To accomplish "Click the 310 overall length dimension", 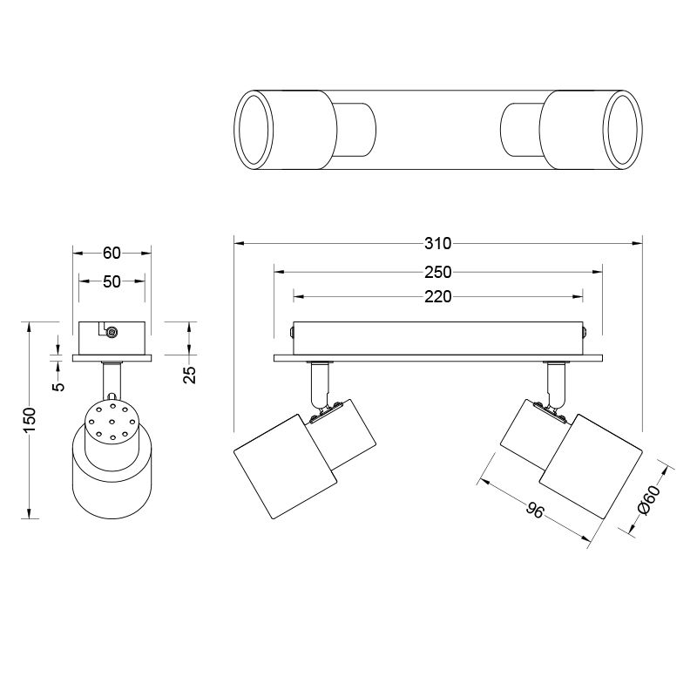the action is coord(438,244).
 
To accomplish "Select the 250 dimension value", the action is coord(438,272).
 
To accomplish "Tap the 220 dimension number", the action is coord(438,296).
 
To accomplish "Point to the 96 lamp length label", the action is coord(535,510).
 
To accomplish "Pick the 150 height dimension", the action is coord(30,420).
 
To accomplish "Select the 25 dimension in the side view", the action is coord(190,375).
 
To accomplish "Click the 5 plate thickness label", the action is coord(58,386).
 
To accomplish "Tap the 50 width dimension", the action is coord(112,281).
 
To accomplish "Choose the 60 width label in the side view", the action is coord(112,253).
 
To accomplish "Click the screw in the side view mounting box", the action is coord(112,332).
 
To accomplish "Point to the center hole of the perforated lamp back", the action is coord(112,421).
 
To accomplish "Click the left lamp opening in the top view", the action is coord(254,129).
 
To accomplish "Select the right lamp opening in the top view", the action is coord(623,129).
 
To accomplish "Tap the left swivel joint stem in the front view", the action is coord(321,385).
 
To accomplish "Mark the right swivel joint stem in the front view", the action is coord(556,385).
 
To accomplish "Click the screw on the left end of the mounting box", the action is coord(292,332).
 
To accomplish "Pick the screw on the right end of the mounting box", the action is coord(585,332).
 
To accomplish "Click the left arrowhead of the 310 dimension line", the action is coord(239,244).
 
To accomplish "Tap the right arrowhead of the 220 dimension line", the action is coord(578,296).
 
